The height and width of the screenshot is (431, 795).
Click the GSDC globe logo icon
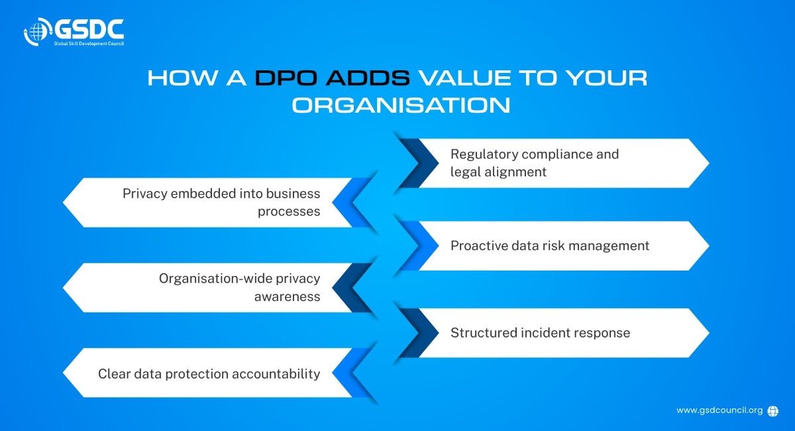pos(37,32)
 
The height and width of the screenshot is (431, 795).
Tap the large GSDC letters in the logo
pos(89,29)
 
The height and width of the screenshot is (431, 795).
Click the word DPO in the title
pos(286,78)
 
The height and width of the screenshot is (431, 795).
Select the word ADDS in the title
pos(368,78)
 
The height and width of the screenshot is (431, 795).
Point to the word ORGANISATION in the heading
pos(401,105)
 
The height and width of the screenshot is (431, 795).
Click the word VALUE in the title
pos(465,78)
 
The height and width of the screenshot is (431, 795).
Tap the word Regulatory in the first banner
pos(484,154)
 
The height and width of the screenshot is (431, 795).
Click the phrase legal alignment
pos(498,172)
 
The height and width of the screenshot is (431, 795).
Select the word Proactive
pos(479,245)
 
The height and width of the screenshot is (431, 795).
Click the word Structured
pos(484,333)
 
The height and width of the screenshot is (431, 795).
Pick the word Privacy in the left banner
pos(145,194)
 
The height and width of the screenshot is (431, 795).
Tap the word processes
pos(289,212)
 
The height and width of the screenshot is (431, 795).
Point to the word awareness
pos(287,296)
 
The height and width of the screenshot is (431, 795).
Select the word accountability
pos(276,374)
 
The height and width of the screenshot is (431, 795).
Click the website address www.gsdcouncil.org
pos(719,410)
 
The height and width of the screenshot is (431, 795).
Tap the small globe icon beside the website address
pos(772,411)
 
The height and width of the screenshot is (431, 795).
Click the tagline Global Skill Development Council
pos(89,44)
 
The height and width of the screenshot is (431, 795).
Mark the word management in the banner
pos(609,246)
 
